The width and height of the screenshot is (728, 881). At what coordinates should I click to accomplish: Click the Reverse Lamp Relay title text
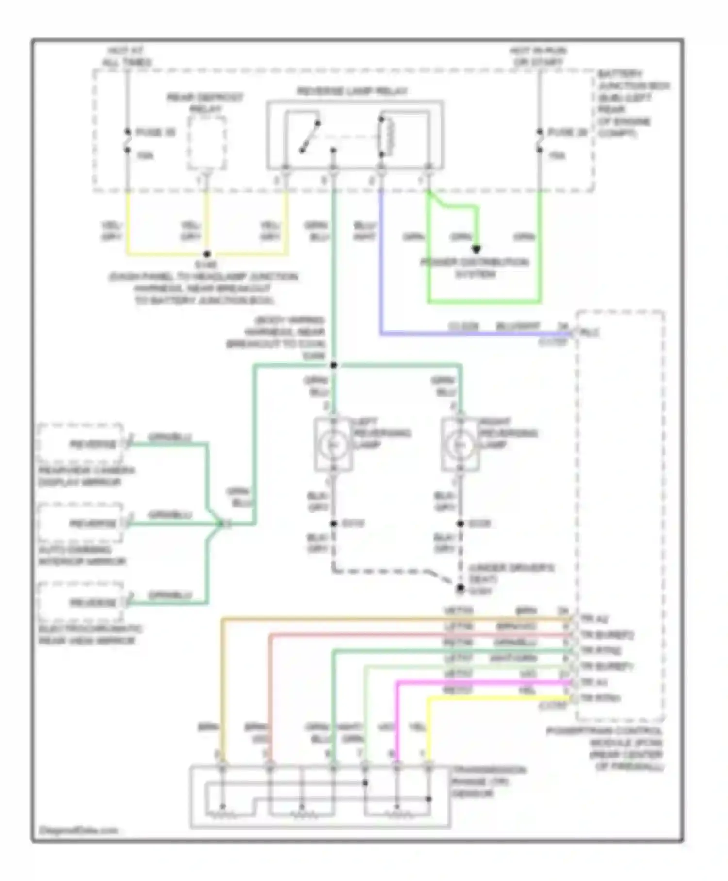point(352,91)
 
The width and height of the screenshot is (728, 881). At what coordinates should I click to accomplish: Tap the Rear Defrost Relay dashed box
point(207,143)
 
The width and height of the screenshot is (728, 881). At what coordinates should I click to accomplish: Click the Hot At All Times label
point(127,56)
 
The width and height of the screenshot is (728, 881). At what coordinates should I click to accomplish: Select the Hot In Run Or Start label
point(538,56)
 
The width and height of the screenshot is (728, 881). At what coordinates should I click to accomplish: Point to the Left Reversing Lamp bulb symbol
point(333,444)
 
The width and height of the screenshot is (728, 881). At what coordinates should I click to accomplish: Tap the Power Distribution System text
point(475,268)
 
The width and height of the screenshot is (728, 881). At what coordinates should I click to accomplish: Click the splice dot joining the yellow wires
point(207,254)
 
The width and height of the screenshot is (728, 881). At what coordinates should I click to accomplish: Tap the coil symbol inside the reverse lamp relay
point(387,136)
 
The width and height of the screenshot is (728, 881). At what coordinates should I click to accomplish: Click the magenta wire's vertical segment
point(397,719)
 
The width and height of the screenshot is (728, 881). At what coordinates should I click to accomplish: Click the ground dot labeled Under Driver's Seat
point(460,588)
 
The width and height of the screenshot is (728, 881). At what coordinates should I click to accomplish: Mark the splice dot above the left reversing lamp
point(333,365)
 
